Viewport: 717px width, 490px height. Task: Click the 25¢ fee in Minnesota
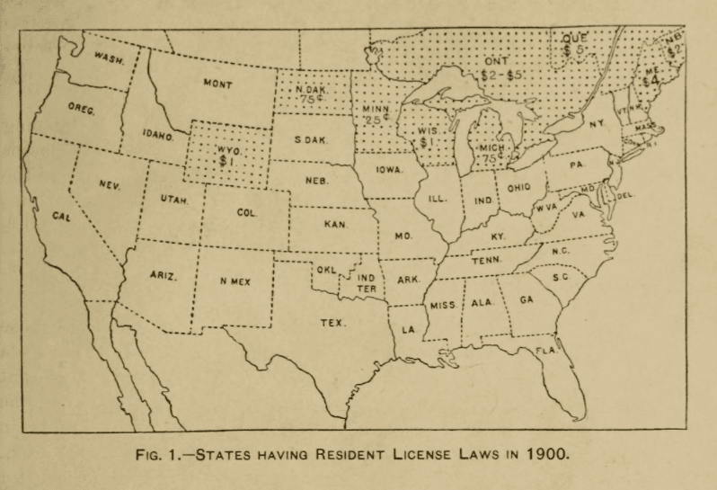click(374, 120)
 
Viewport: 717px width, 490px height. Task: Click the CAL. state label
click(60, 218)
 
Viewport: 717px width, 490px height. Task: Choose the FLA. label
click(546, 349)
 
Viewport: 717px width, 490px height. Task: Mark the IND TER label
click(366, 283)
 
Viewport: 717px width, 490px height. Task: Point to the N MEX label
click(235, 281)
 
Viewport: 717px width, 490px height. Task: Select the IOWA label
click(389, 169)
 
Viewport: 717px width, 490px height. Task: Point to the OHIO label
click(518, 188)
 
